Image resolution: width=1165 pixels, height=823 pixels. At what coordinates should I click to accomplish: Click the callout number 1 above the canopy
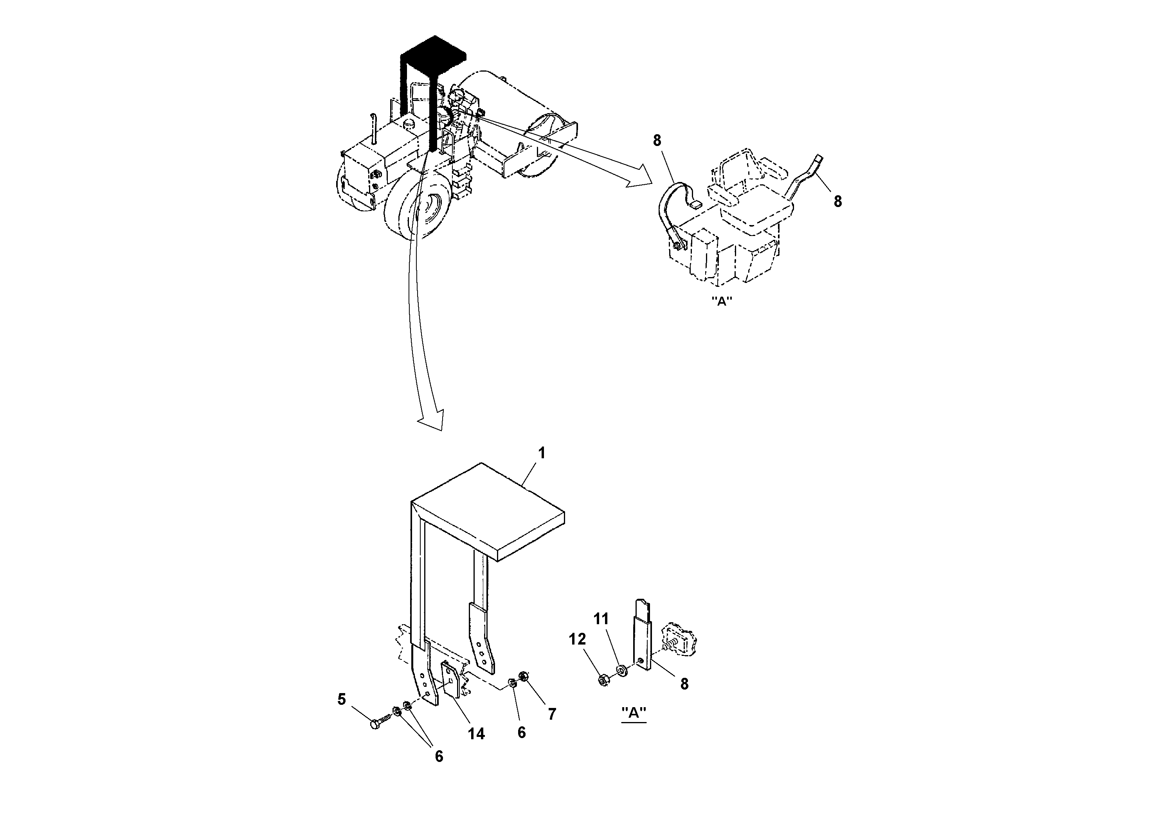tap(541, 453)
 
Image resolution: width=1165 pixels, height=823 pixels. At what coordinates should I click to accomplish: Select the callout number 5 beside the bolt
tap(342, 700)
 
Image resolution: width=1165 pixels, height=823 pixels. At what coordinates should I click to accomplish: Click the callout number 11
tap(601, 619)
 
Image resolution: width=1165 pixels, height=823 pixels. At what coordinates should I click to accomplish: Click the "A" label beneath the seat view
tap(722, 301)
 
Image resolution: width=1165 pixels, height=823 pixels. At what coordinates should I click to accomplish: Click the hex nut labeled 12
tap(603, 680)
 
